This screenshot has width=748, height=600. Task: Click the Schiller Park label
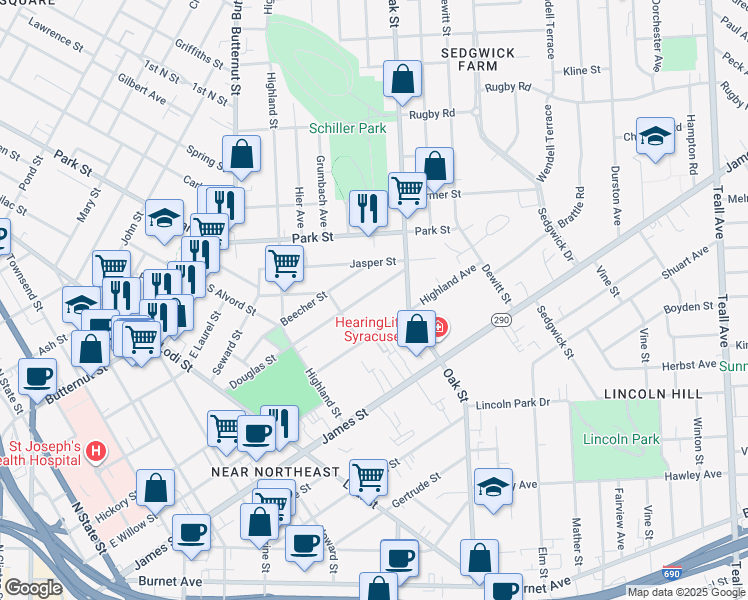coord(346,129)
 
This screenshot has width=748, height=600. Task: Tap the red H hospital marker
coord(96,452)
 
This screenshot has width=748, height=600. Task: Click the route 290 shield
coord(501,319)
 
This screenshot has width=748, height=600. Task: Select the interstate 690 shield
coord(674,572)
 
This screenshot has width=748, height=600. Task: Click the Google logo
coord(32,588)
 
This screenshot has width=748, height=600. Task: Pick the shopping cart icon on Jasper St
coord(285,263)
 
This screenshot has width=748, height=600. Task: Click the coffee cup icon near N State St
coord(37,377)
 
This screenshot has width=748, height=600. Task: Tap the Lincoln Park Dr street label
coord(513,404)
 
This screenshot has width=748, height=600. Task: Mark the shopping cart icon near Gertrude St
coord(369,476)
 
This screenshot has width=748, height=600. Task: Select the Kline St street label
coord(581,71)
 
